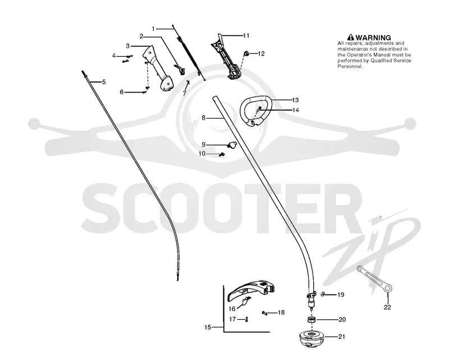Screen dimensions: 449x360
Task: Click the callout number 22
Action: point(387,307)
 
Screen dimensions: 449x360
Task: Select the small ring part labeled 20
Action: point(311,320)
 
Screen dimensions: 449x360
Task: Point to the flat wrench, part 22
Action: point(374,279)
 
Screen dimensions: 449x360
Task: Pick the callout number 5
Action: point(104,82)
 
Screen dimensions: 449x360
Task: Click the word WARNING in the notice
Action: point(373,38)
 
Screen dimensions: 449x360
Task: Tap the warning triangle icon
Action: point(350,38)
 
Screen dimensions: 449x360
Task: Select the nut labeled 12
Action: point(246,53)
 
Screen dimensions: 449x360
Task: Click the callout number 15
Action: point(208,327)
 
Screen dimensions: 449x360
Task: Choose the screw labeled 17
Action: point(246,319)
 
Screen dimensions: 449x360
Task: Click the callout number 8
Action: point(203,118)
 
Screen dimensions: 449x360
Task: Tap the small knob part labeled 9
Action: point(232,144)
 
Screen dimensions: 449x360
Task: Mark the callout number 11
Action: point(246,35)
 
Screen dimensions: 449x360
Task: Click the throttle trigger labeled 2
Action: point(180,69)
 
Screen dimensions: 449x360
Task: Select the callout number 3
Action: point(128,46)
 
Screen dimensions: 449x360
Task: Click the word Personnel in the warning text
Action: point(350,66)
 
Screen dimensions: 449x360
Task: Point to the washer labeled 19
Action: point(323,294)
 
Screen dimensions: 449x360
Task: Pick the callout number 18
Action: point(281,312)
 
